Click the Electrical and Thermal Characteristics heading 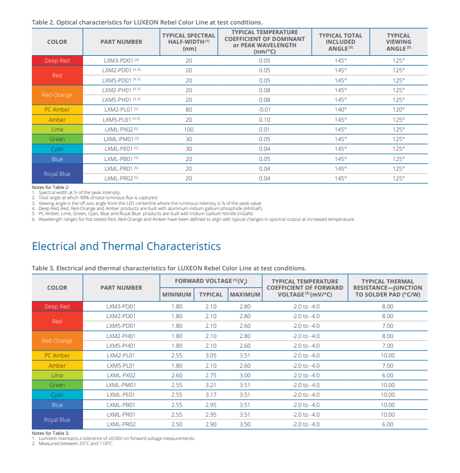pyautogui.click(x=126, y=246)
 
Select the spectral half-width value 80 pyautogui.click(x=189, y=109)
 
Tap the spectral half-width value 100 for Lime pyautogui.click(x=189, y=129)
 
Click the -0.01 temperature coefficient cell pyautogui.click(x=264, y=109)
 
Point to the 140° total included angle pyautogui.click(x=341, y=109)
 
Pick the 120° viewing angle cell pyautogui.click(x=399, y=109)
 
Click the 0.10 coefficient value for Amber pyautogui.click(x=264, y=120)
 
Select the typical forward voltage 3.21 pyautogui.click(x=211, y=385)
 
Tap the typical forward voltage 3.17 pyautogui.click(x=211, y=394)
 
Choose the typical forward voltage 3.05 pyautogui.click(x=211, y=355)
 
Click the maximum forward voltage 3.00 pyautogui.click(x=244, y=375)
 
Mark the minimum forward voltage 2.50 pyautogui.click(x=177, y=424)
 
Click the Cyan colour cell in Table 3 pyautogui.click(x=57, y=394)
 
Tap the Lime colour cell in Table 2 pyautogui.click(x=57, y=129)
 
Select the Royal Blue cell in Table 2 pyautogui.click(x=57, y=174)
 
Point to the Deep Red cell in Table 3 pyautogui.click(x=57, y=306)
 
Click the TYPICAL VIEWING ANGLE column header pyautogui.click(x=399, y=42)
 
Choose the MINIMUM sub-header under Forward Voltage pyautogui.click(x=177, y=294)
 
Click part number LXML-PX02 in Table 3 pyautogui.click(x=121, y=375)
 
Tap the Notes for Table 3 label pyautogui.click(x=51, y=433)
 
